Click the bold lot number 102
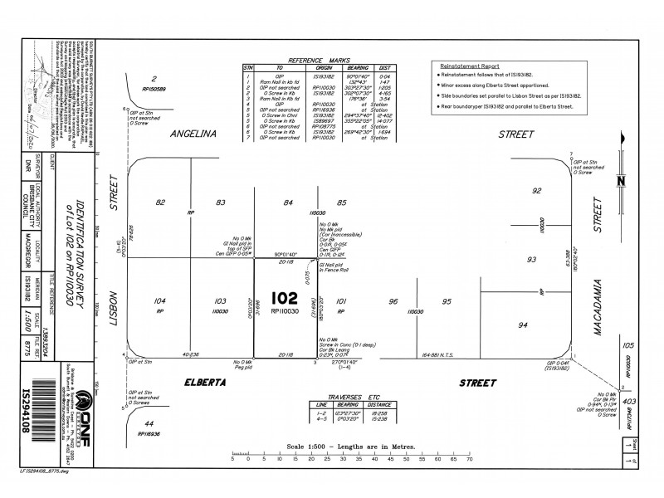(x=285, y=298)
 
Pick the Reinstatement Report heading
(x=470, y=65)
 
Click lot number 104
(x=160, y=300)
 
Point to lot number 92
(x=537, y=191)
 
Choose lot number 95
(x=446, y=301)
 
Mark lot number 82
(x=160, y=202)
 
